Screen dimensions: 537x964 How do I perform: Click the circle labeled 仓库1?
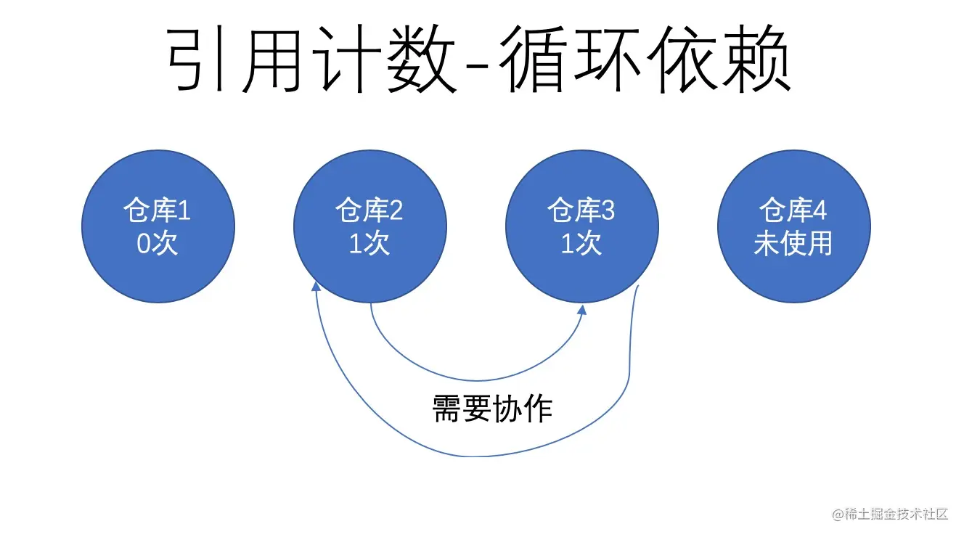[158, 226]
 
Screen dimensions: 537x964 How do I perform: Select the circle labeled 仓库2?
[370, 226]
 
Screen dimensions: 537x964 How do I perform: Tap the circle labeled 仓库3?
[582, 226]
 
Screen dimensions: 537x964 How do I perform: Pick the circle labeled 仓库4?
[793, 226]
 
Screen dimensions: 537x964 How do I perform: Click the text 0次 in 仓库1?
[157, 244]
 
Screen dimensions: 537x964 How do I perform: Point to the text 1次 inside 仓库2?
[369, 244]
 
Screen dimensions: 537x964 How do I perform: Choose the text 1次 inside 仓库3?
[581, 244]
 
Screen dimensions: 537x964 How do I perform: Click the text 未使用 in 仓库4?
[793, 244]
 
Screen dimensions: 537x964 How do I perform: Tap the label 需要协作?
[492, 409]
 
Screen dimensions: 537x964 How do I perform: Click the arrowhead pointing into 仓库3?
[583, 308]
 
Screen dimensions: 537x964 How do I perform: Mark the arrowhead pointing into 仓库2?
[316, 287]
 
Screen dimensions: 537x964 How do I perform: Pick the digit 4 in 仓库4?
[820, 212]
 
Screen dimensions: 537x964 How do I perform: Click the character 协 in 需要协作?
[507, 409]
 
